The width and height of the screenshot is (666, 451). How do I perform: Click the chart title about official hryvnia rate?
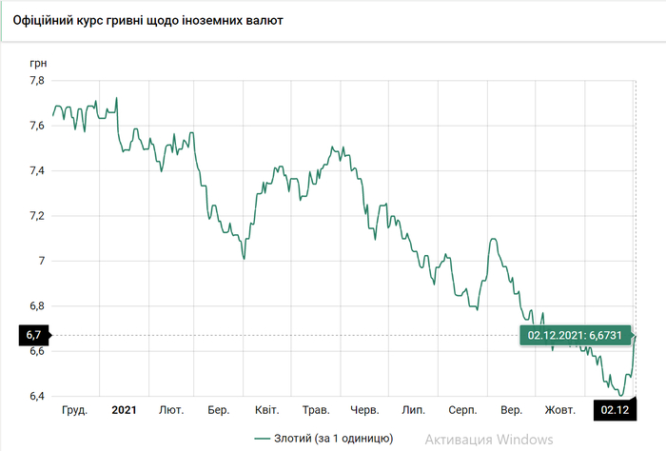click(x=148, y=19)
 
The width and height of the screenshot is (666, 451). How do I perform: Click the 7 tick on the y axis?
click(x=40, y=261)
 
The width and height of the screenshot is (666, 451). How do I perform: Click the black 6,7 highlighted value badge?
click(x=33, y=335)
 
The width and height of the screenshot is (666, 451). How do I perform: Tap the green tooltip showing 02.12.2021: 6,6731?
click(x=572, y=335)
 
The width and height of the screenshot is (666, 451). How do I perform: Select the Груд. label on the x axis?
click(x=74, y=410)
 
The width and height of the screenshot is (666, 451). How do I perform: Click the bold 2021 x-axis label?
click(x=124, y=410)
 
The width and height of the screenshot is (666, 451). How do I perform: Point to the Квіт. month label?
click(x=266, y=410)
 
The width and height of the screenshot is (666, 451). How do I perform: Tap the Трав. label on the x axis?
click(x=315, y=410)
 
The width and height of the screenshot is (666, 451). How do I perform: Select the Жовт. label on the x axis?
click(x=559, y=410)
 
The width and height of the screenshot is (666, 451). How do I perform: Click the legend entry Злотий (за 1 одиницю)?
click(x=323, y=439)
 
